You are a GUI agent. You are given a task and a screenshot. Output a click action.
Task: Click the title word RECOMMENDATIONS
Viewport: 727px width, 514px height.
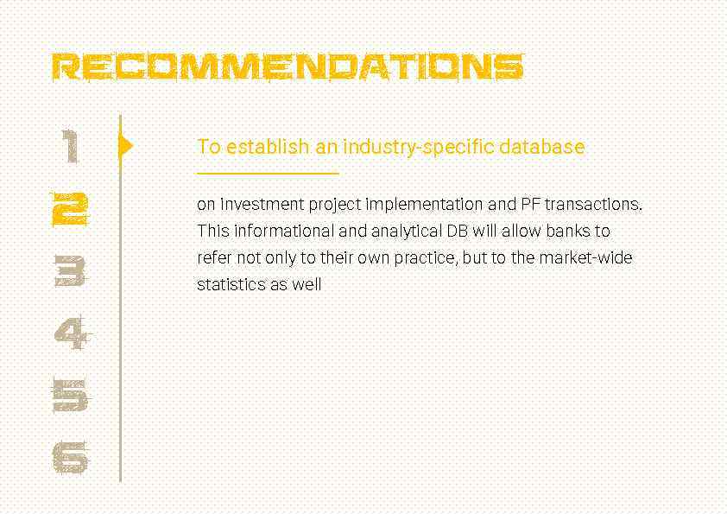pyautogui.click(x=288, y=67)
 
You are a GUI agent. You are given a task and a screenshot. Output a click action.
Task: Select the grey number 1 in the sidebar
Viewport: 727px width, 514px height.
pyautogui.click(x=72, y=146)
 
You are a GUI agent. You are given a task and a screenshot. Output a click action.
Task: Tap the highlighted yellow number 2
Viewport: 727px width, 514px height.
pyautogui.click(x=71, y=208)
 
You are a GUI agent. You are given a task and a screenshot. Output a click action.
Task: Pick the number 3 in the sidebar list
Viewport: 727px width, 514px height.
pyautogui.click(x=71, y=270)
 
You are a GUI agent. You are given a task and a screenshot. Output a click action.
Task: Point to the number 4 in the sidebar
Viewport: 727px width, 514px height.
pyautogui.click(x=71, y=333)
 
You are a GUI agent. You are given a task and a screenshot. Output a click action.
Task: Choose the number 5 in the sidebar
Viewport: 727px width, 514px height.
pyautogui.click(x=71, y=395)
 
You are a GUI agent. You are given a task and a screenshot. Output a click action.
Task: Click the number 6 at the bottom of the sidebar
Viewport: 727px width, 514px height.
pyautogui.click(x=71, y=457)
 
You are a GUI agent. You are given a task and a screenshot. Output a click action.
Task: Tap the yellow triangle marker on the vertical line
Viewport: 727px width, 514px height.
pyautogui.click(x=126, y=145)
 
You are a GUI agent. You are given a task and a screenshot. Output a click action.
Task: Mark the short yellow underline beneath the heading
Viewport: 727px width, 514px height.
pyautogui.click(x=268, y=174)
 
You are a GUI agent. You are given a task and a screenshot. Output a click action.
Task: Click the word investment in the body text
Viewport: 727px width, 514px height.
pyautogui.click(x=262, y=205)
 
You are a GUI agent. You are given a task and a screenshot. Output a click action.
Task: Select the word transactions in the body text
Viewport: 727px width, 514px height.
pyautogui.click(x=594, y=205)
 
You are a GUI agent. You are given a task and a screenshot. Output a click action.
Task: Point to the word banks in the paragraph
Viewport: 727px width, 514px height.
pyautogui.click(x=566, y=232)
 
